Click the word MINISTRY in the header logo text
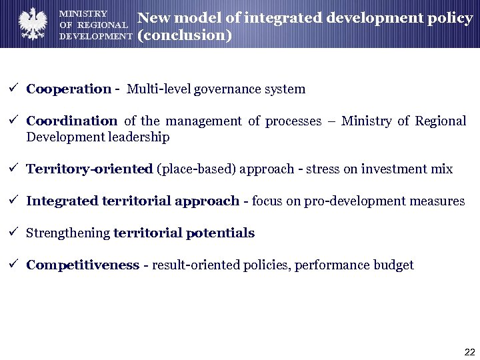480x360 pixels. tap(83, 13)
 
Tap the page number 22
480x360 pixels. tap(469, 352)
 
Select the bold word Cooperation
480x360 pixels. tap(69, 89)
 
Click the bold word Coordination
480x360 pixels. tap(71, 121)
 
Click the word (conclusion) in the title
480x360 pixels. tap(185, 35)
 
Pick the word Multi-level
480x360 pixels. tap(159, 89)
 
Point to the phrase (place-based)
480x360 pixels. tap(190, 169)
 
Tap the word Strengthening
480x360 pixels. tap(68, 233)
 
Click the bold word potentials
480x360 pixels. tap(220, 233)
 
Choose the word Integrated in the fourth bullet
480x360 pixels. tap(62, 201)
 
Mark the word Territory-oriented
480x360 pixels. tap(89, 169)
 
